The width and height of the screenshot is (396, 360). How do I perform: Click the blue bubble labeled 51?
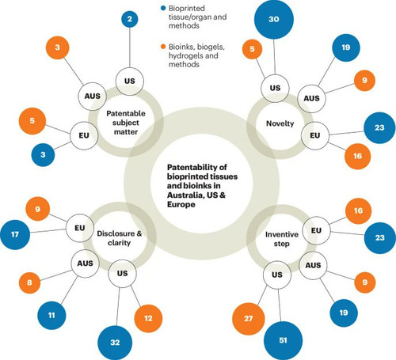tap(283, 340)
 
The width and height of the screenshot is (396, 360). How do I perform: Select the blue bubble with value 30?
tap(274, 19)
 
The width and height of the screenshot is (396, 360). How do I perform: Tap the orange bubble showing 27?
tap(248, 319)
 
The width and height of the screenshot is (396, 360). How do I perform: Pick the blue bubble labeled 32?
tap(115, 343)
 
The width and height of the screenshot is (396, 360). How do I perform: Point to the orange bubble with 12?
tap(148, 318)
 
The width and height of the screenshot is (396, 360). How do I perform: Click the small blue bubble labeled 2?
tap(130, 19)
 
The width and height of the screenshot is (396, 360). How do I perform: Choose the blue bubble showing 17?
tap(15, 234)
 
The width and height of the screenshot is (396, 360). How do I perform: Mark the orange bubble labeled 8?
tap(29, 282)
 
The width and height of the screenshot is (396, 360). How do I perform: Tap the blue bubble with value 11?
tap(51, 315)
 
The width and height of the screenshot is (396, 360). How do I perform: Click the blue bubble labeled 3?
tap(43, 155)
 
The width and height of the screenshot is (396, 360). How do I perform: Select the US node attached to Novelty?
tap(275, 88)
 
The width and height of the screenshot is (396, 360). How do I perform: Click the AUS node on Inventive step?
tap(313, 265)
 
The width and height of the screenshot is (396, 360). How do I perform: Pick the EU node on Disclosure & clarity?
tap(80, 228)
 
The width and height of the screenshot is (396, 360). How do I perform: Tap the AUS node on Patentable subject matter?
tap(92, 97)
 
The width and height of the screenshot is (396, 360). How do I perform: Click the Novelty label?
tap(280, 123)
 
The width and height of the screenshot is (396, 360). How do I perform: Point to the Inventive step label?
tap(282, 239)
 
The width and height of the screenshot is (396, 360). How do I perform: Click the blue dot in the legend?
tap(163, 9)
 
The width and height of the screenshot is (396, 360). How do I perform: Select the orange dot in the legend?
tap(163, 47)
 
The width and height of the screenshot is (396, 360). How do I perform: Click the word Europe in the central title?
tap(181, 205)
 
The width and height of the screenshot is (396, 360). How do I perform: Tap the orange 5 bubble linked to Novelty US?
tap(253, 49)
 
